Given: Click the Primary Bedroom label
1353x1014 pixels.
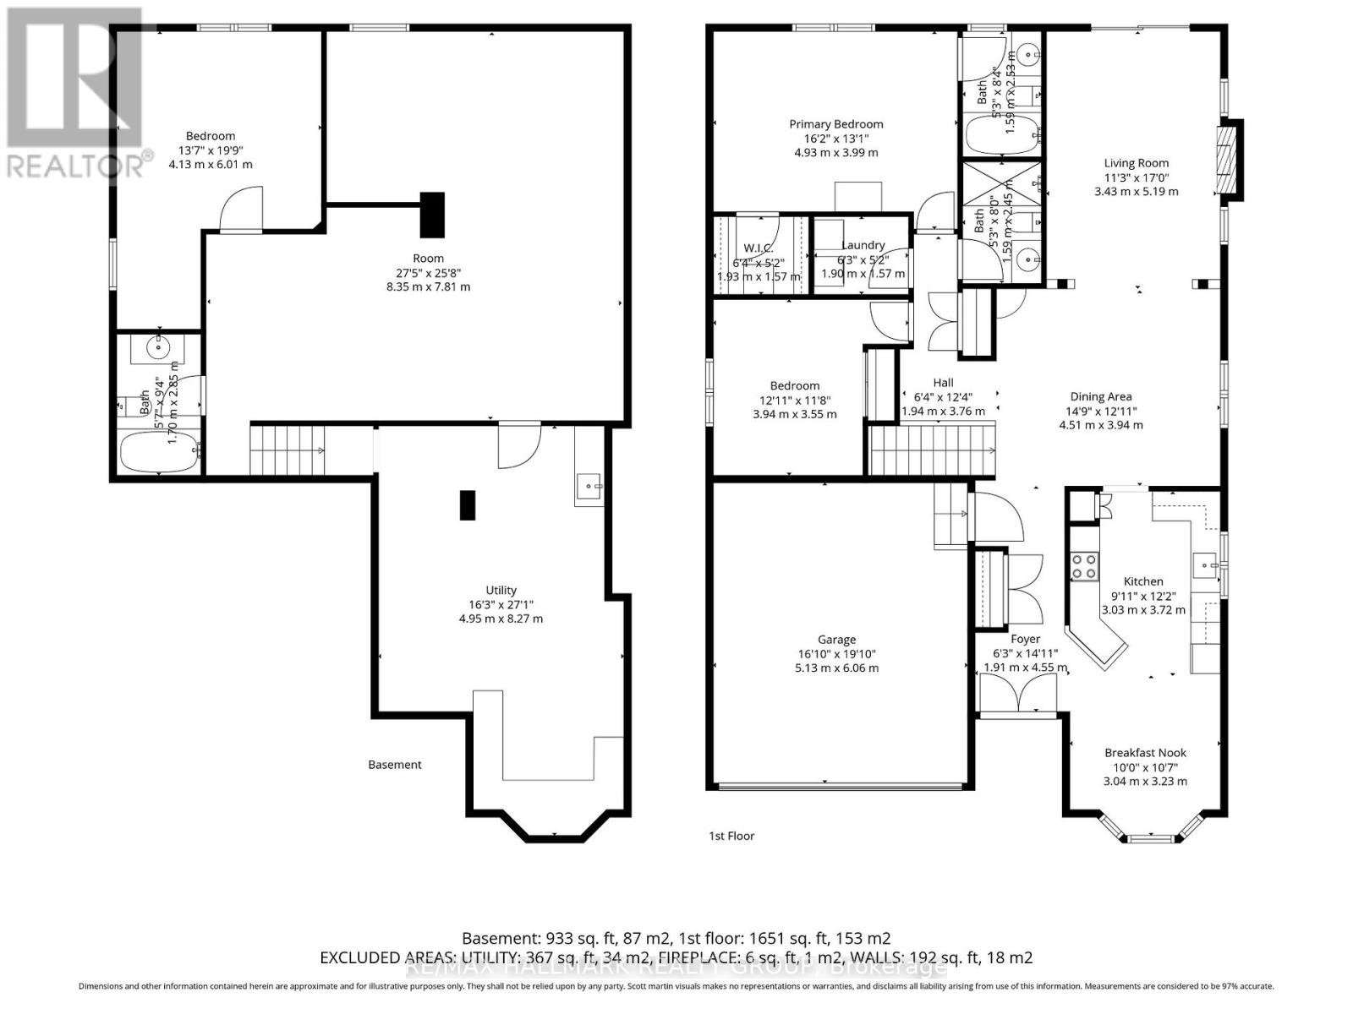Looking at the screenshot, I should click(835, 124).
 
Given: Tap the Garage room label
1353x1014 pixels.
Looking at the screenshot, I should click(836, 640).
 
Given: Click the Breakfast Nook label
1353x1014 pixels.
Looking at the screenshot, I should click(1145, 753).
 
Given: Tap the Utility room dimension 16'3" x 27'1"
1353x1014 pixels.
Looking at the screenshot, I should click(501, 605).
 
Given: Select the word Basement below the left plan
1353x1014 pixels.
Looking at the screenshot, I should click(394, 765).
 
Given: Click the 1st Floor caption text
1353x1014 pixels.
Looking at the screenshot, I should click(731, 836).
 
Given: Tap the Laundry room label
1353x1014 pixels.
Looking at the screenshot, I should click(863, 245).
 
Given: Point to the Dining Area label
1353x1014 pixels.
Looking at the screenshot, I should click(1100, 396).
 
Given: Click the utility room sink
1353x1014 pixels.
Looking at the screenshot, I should click(589, 487).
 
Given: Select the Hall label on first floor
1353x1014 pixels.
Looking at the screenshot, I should click(943, 383).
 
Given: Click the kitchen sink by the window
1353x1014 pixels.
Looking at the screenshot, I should click(1204, 564).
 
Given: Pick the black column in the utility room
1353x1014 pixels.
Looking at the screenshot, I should click(468, 505).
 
